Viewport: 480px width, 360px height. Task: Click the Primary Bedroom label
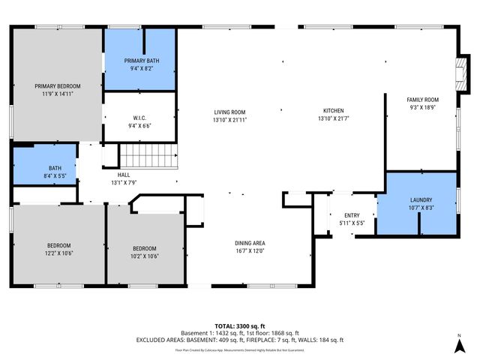pos(57,86)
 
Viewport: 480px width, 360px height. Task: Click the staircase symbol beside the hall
pos(148,157)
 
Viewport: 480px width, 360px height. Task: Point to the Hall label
pos(123,174)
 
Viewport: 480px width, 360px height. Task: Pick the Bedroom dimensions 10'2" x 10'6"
pos(145,256)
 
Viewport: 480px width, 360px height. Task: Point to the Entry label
pos(351,216)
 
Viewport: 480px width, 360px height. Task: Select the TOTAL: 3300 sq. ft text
pos(239,325)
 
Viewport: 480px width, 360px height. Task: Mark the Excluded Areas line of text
pos(239,340)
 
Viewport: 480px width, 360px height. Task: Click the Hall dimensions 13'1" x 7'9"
pos(123,181)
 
